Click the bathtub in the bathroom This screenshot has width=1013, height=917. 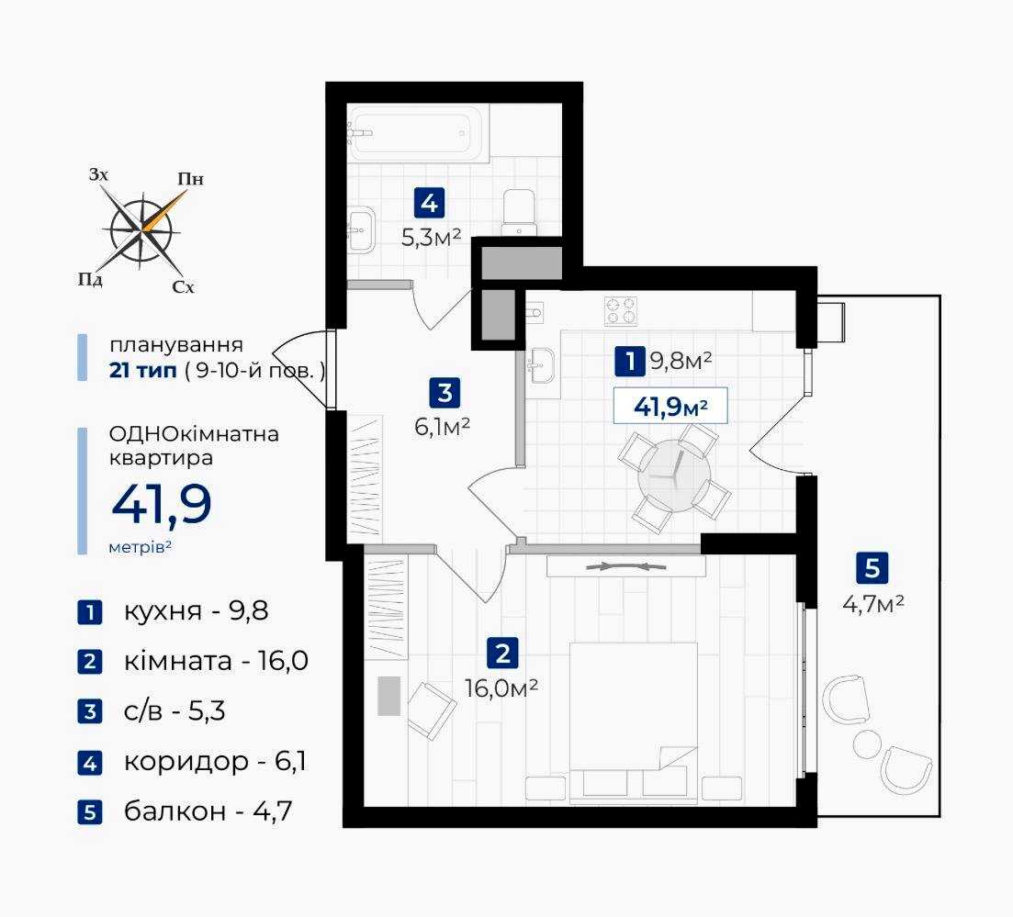click(x=418, y=133)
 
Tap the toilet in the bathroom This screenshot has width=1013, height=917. click(x=520, y=212)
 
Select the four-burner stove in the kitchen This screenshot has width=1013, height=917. click(x=621, y=310)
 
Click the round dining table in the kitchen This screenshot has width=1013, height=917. click(x=674, y=475)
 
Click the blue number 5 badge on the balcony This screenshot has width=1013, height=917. click(x=872, y=568)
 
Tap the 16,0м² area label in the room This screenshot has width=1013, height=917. click(x=501, y=688)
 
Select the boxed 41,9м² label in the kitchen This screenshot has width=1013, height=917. click(x=670, y=407)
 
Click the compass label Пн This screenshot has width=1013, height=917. click(x=191, y=179)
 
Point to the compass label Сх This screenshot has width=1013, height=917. click(x=184, y=287)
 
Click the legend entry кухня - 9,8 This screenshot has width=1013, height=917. click(x=196, y=610)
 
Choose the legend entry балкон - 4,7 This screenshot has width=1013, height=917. click(x=208, y=811)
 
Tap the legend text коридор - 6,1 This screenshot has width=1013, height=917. click(x=215, y=761)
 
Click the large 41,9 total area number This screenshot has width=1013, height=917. click(x=162, y=504)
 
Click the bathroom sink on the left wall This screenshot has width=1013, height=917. click(x=361, y=229)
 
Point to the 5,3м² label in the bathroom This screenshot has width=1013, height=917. click(x=431, y=238)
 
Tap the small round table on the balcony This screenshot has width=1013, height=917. click(x=866, y=744)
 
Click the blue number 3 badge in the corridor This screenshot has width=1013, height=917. click(x=445, y=393)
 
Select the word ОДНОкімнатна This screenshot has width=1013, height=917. click(x=194, y=433)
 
